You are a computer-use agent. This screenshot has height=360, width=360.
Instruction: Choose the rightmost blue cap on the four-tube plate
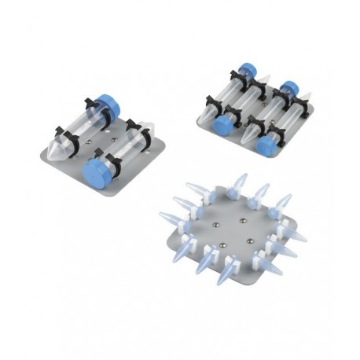[x=290, y=88]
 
